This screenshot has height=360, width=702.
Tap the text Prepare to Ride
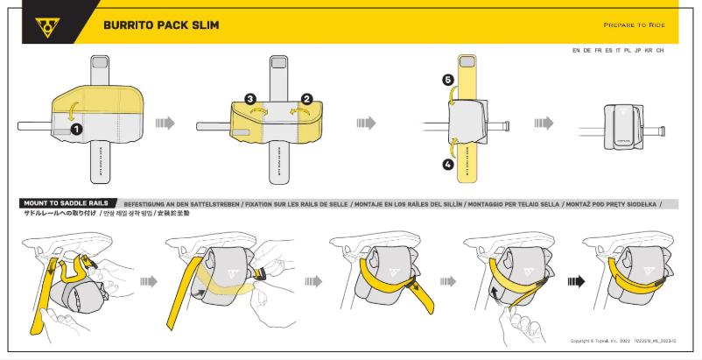click(635, 25)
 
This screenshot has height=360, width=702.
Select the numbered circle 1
click(76, 128)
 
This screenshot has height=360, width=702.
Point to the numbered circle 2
click(306, 100)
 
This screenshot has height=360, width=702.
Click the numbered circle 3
click(250, 100)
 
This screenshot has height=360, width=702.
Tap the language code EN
click(576, 51)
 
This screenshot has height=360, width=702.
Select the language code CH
click(660, 51)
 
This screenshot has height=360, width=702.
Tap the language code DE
click(587, 51)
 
